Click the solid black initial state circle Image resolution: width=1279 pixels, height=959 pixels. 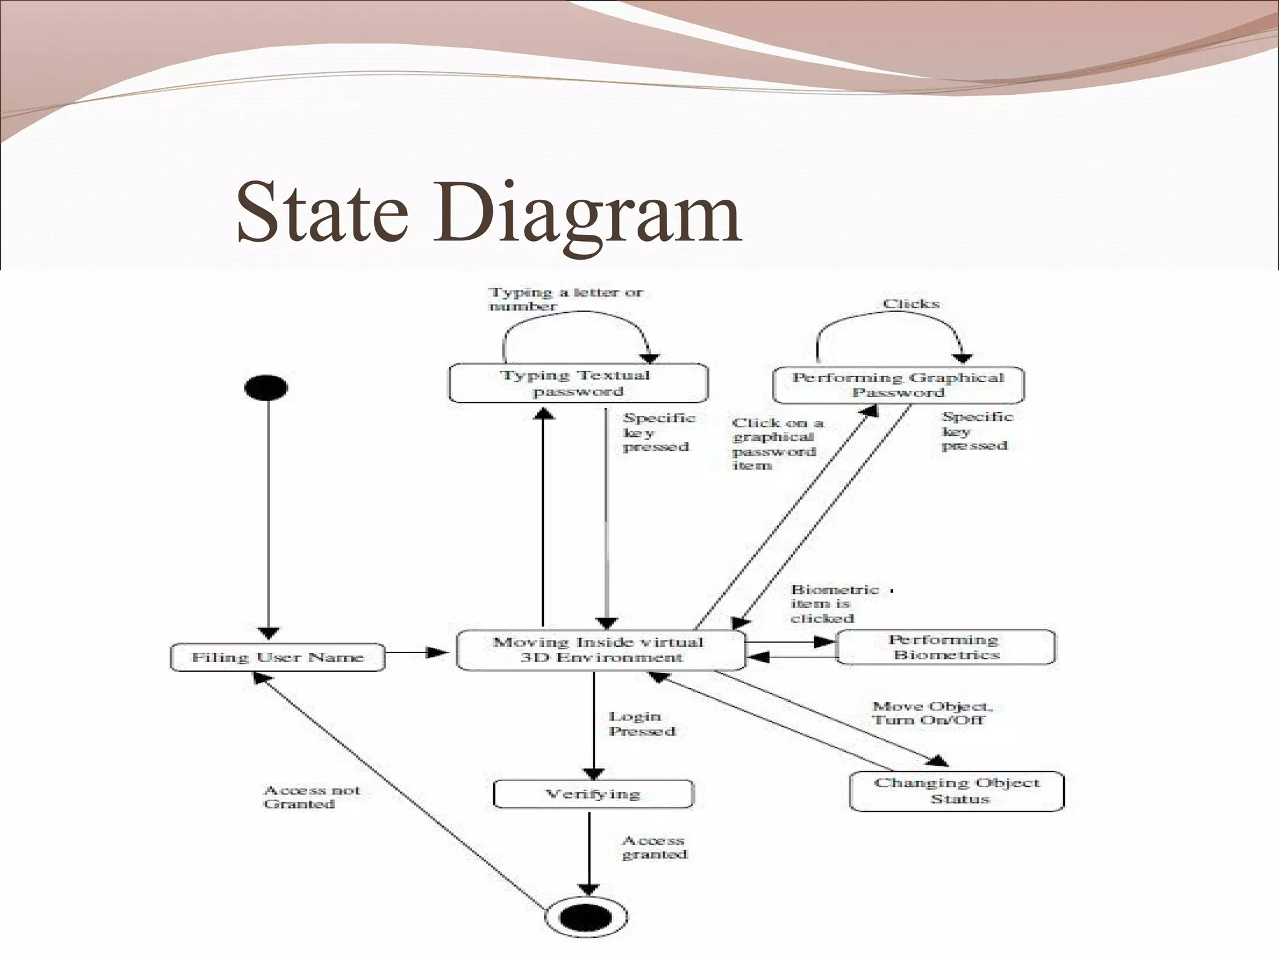[266, 388]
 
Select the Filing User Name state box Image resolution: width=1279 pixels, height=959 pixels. [277, 657]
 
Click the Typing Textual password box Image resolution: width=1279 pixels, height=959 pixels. [578, 383]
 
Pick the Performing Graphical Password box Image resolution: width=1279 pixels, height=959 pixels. [898, 385]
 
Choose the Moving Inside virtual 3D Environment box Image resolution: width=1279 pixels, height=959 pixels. [600, 650]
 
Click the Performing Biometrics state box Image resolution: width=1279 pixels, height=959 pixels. [946, 647]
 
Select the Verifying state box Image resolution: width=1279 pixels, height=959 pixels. [593, 794]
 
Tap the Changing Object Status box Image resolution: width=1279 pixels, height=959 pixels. [957, 791]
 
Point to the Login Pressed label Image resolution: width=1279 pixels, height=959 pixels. [642, 724]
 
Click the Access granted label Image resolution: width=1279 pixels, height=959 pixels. [654, 848]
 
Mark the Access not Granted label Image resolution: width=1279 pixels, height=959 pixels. [312, 797]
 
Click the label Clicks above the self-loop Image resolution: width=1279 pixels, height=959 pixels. [911, 304]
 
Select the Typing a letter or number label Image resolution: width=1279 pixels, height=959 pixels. [565, 299]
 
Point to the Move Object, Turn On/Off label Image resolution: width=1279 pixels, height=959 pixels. [931, 713]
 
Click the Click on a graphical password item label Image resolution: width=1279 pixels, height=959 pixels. [776, 444]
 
